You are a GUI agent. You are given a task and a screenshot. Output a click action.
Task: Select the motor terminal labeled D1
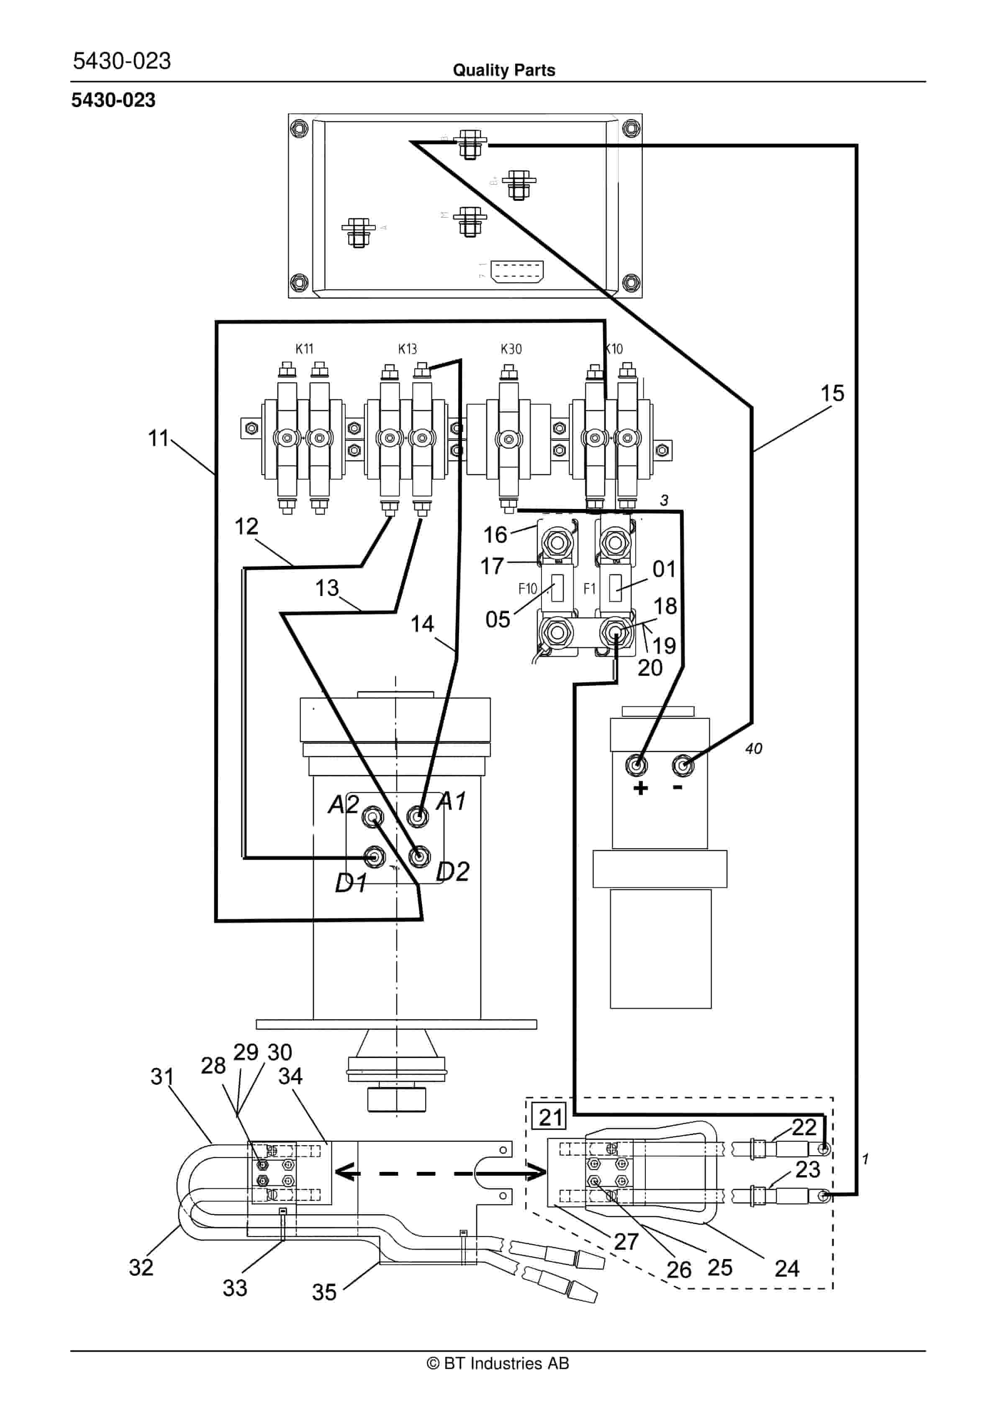[x=375, y=856]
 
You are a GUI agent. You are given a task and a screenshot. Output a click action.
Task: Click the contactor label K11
[x=304, y=349]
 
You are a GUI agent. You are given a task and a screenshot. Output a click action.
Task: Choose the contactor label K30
[x=511, y=349]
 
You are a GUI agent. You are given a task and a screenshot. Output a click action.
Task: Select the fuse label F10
[x=527, y=589]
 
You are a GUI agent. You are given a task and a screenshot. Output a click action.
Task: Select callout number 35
[x=324, y=1292]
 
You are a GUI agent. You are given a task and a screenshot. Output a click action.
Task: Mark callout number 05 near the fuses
[x=498, y=619]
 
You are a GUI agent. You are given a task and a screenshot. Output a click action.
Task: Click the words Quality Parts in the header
[x=503, y=70]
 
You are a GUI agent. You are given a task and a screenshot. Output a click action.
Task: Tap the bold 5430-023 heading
[x=113, y=100]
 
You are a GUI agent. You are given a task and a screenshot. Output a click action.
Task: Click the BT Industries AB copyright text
[x=498, y=1363]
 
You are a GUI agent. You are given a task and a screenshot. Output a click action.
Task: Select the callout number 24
[x=787, y=1268]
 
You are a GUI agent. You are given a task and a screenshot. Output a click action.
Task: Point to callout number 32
[x=141, y=1267]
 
